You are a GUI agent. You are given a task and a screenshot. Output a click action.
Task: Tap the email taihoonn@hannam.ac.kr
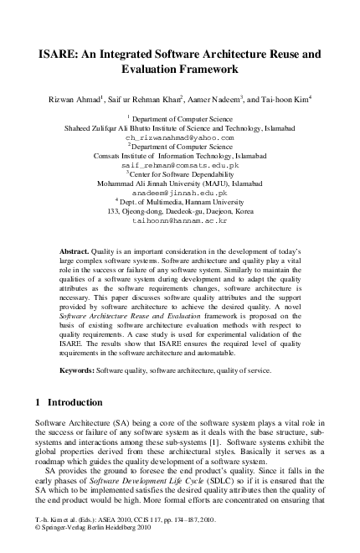click(x=180, y=221)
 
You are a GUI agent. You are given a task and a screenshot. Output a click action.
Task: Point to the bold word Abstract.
click(x=79, y=251)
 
